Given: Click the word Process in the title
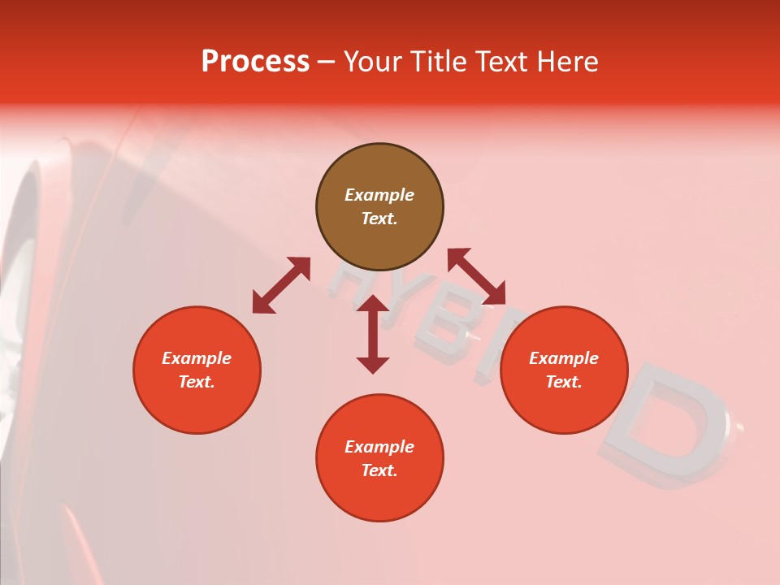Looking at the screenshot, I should tap(255, 62).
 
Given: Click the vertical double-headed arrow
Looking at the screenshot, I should tap(373, 334).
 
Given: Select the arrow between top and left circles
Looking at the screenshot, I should tap(281, 285).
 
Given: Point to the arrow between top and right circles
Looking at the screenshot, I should tap(477, 276).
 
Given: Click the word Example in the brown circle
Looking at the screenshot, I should tap(379, 195).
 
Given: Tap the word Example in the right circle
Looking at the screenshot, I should tap(564, 358).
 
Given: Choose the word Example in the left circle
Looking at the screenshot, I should tap(197, 358).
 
